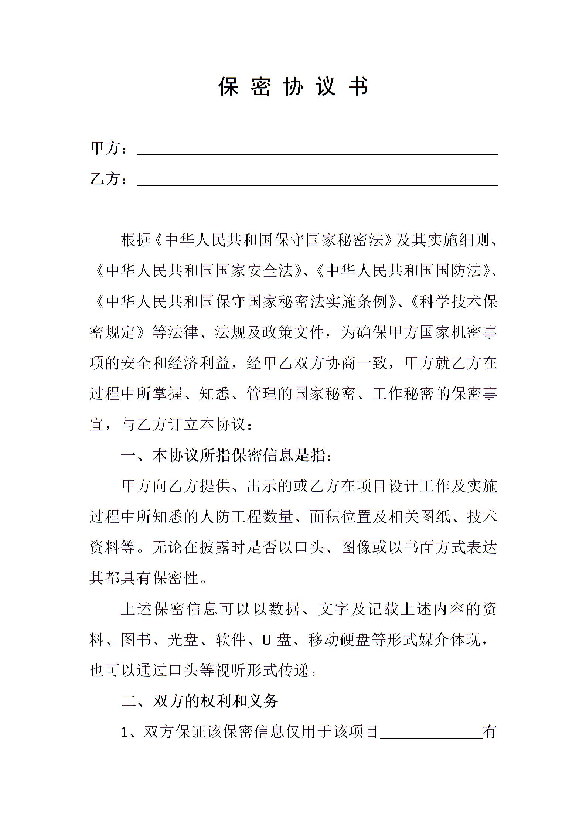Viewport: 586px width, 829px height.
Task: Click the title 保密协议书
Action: (293, 87)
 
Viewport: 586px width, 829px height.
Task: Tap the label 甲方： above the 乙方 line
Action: (109, 149)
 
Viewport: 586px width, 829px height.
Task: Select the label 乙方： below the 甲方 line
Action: (109, 179)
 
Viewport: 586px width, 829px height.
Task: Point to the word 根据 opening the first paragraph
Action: (136, 240)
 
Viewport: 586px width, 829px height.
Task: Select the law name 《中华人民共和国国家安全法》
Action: (199, 271)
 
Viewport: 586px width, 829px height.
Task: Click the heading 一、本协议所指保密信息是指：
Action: (227, 456)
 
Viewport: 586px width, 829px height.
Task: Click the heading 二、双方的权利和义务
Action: (200, 701)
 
